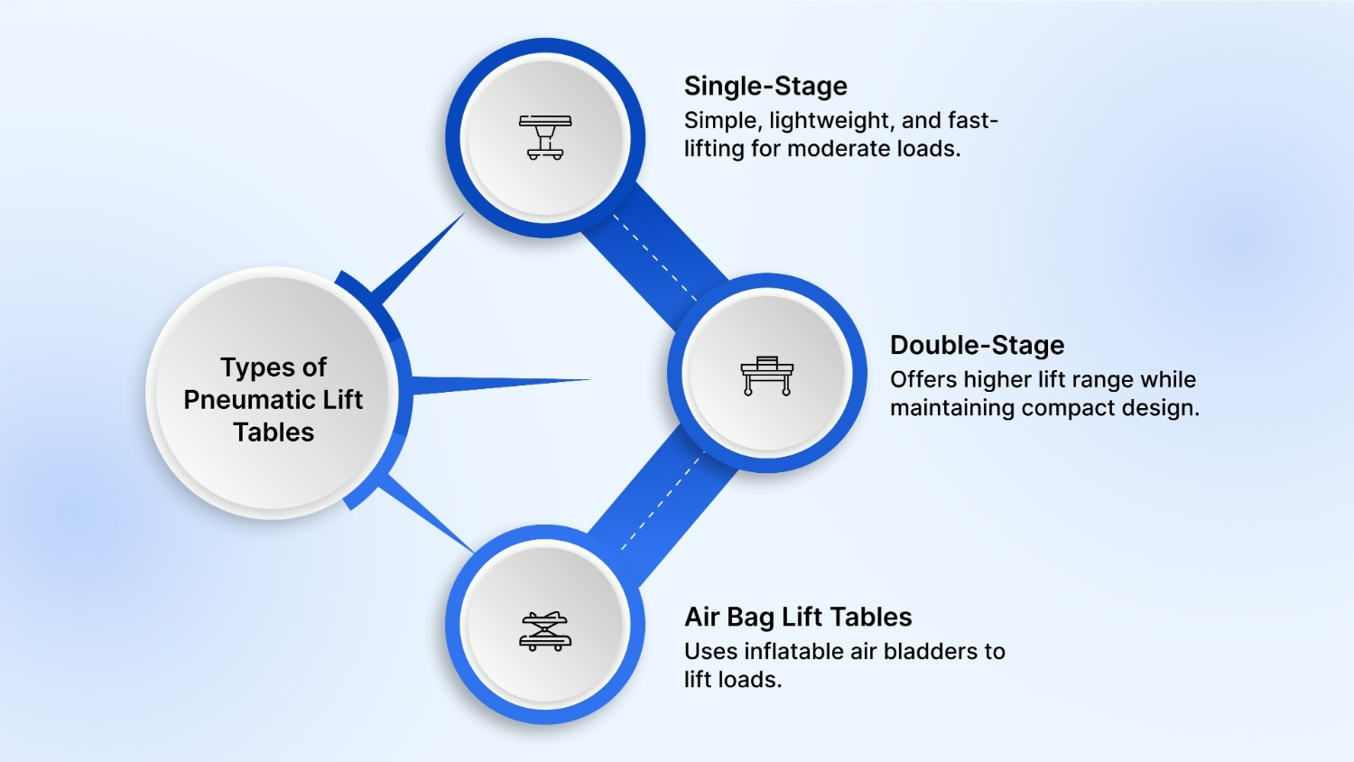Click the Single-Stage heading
pyautogui.click(x=765, y=87)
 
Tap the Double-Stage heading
pyautogui.click(x=977, y=346)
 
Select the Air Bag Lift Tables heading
pyautogui.click(x=798, y=618)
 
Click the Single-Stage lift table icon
pyautogui.click(x=545, y=137)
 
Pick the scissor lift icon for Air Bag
pyautogui.click(x=545, y=631)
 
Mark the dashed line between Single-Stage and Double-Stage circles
pyautogui.click(x=654, y=256)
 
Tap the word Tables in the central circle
pyautogui.click(x=274, y=432)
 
